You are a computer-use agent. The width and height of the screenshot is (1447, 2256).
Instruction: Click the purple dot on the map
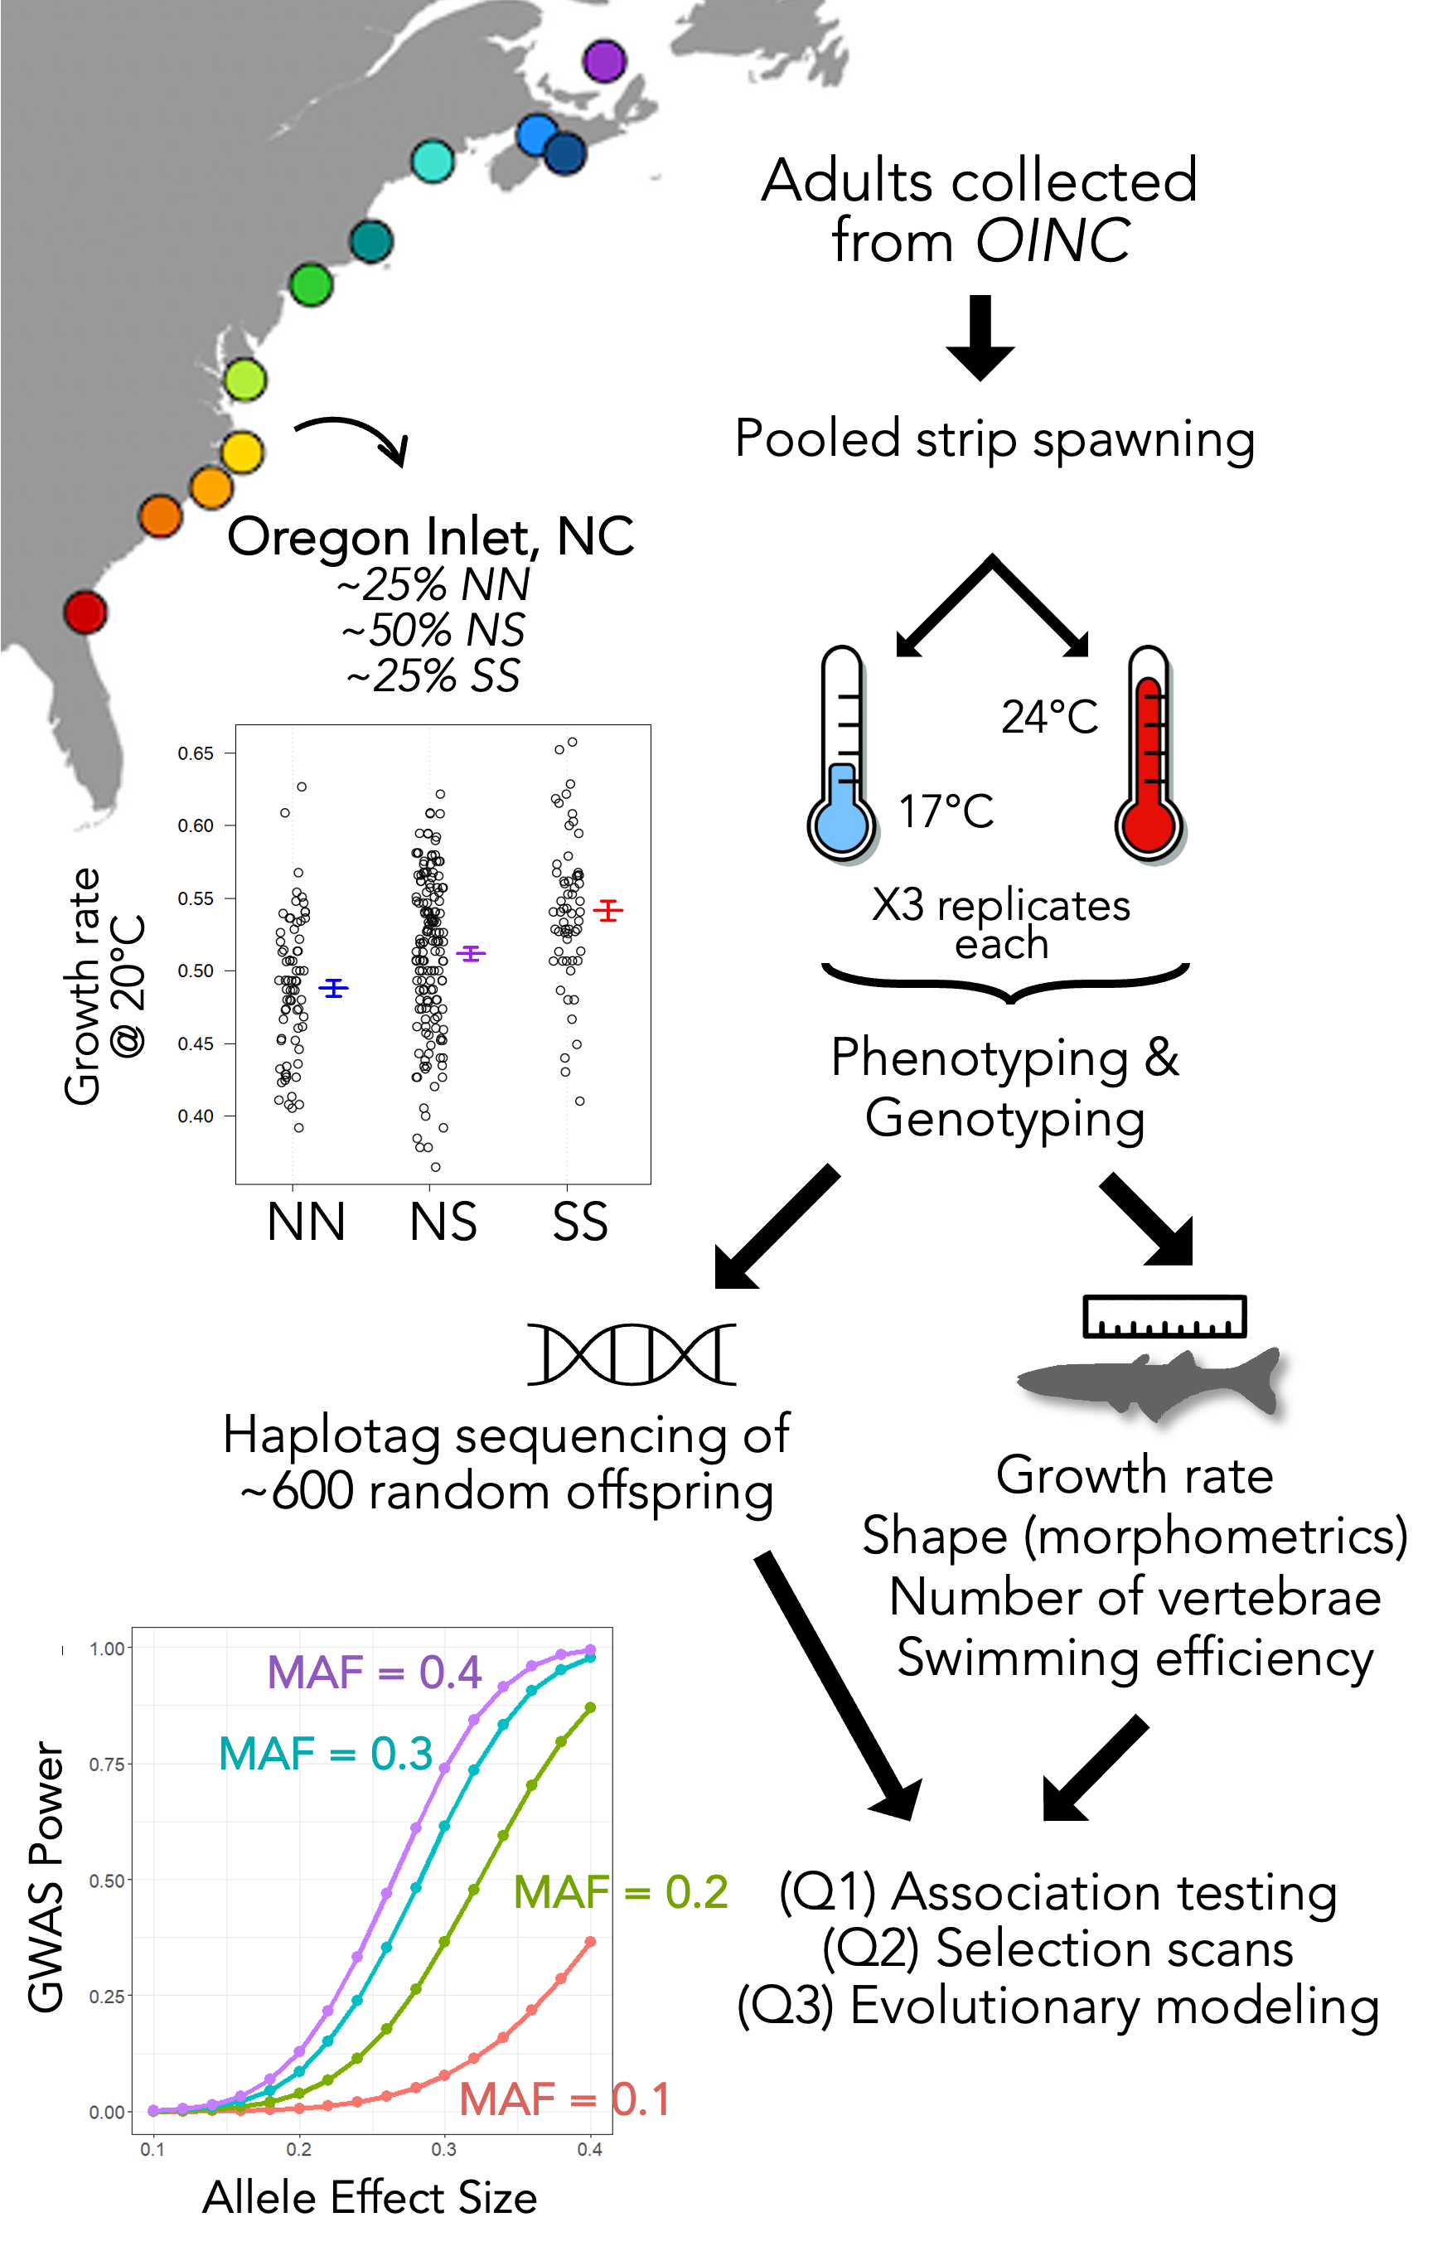(x=603, y=61)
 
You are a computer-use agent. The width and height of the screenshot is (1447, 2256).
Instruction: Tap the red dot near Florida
(x=85, y=612)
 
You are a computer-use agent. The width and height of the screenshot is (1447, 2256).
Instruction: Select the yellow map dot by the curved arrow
(x=243, y=453)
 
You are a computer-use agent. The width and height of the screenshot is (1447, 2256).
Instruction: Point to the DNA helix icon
(x=632, y=1354)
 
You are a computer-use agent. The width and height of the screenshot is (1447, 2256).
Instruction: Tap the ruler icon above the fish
(x=1164, y=1315)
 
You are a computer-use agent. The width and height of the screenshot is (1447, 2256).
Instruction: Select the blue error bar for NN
(x=333, y=988)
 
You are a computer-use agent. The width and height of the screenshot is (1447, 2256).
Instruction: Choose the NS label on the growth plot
(x=443, y=1222)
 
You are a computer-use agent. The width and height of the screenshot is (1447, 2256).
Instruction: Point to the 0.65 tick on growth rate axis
(x=196, y=753)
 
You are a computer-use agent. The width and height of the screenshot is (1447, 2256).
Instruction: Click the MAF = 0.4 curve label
(x=374, y=1672)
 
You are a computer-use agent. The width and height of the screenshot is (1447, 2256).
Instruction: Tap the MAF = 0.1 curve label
(x=564, y=2099)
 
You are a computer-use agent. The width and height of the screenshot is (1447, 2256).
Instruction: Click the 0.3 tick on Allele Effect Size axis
(x=443, y=2150)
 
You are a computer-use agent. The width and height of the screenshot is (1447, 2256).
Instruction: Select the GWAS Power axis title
(x=45, y=1876)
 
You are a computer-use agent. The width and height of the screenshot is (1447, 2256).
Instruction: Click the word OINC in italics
(x=1053, y=240)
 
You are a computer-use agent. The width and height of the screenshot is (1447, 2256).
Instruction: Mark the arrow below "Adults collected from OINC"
(x=980, y=337)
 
